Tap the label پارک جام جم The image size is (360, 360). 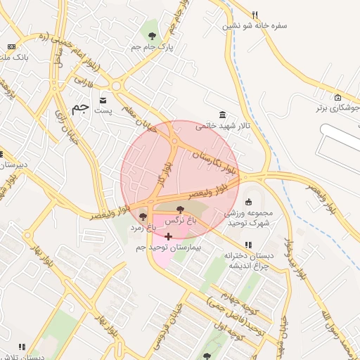(152, 46)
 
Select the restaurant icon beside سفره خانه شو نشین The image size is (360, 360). (255, 14)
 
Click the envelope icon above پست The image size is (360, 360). (104, 100)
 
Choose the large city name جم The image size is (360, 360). (82, 109)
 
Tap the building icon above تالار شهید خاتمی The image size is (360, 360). (223, 115)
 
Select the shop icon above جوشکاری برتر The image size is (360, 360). (338, 97)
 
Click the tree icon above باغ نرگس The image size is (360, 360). (181, 209)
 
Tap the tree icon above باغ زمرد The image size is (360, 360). (143, 217)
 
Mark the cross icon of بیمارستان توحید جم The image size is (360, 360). (168, 237)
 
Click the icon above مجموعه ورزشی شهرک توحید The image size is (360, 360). (248, 202)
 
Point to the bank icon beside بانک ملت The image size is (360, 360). (11, 47)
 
